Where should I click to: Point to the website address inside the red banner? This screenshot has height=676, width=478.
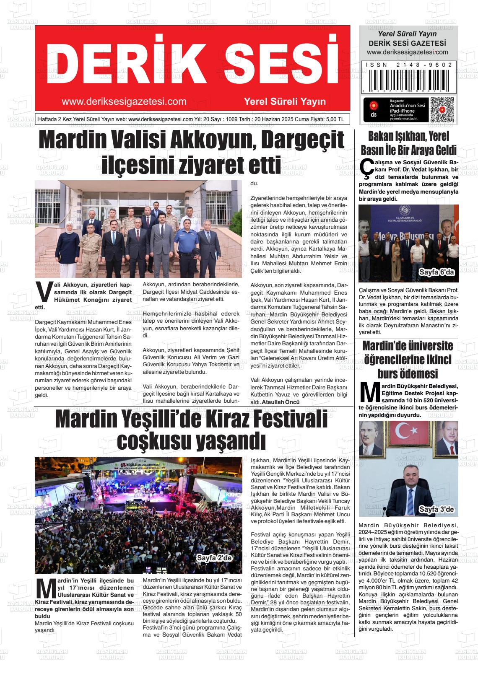click(x=124, y=101)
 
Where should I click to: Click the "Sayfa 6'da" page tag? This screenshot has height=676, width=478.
click(x=436, y=273)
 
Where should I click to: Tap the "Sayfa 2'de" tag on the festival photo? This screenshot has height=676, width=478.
click(x=214, y=558)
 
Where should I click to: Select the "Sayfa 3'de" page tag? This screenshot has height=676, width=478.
click(x=436, y=510)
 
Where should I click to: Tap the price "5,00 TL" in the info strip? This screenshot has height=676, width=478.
click(x=335, y=119)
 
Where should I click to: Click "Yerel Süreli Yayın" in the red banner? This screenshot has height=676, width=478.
click(x=285, y=101)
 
